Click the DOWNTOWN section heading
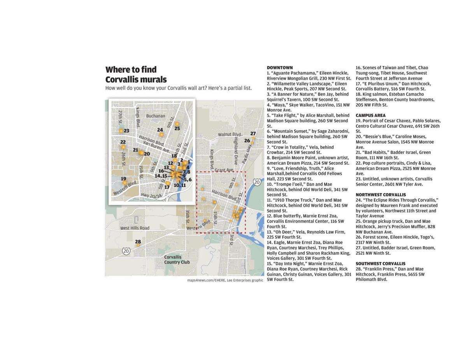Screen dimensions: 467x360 [x=279, y=68]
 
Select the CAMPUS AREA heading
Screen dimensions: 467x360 [x=370, y=115]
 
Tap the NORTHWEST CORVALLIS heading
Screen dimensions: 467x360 [x=380, y=195]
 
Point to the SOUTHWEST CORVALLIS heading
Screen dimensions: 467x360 [x=380, y=264]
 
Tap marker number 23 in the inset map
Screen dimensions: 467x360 [x=121, y=131]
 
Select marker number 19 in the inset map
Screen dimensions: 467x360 [x=125, y=183]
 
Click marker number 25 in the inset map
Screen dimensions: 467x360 [x=177, y=124]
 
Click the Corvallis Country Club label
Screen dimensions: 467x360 [x=177, y=260]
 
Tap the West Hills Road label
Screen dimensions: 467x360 [x=135, y=228]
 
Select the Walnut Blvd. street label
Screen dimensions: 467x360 [x=230, y=135]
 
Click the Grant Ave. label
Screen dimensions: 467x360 [x=224, y=170]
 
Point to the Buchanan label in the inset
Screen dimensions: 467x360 [x=155, y=116]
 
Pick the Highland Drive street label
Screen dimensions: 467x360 [x=236, y=151]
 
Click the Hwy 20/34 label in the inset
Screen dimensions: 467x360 [x=151, y=196]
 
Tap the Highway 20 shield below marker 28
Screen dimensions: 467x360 [x=126, y=252]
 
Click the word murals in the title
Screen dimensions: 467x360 [x=150, y=79]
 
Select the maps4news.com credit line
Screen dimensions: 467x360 [x=225, y=280]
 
